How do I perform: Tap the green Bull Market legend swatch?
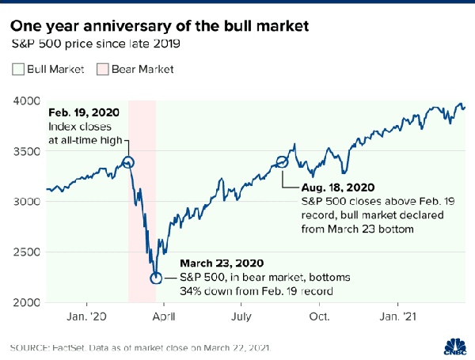click(19, 69)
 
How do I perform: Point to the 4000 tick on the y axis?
click(27, 100)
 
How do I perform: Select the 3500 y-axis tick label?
click(27, 151)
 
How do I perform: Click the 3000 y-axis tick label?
click(27, 202)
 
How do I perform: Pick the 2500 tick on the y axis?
click(27, 252)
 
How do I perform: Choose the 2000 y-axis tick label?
click(27, 303)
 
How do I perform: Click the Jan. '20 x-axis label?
click(88, 316)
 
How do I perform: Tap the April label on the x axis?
click(165, 316)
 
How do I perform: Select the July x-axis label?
click(242, 316)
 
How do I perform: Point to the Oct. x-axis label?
click(320, 316)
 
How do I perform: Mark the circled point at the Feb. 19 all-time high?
click(128, 163)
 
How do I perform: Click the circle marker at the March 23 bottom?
click(156, 278)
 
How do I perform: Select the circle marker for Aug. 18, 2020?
click(283, 163)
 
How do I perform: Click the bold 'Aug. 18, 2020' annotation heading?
click(338, 188)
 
